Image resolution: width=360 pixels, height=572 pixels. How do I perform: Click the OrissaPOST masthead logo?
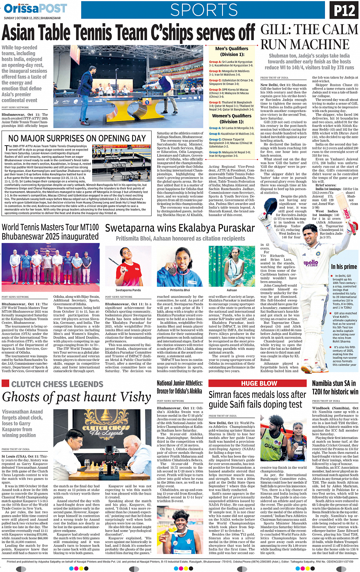tap(35, 8)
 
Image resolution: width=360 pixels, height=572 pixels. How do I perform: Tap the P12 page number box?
tap(344, 11)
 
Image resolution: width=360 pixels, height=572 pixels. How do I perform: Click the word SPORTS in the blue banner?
tap(204, 10)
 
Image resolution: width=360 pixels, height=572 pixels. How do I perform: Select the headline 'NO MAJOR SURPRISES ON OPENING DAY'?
tap(77, 138)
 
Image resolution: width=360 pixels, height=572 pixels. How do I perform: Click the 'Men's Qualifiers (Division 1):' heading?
tap(232, 51)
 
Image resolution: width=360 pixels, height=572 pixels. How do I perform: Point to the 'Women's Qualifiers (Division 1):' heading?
tap(232, 119)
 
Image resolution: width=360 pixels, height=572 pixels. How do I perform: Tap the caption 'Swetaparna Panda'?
tap(128, 290)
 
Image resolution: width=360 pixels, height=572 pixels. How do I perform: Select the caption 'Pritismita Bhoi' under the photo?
tap(180, 290)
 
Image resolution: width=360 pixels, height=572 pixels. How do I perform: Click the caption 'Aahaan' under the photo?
tap(232, 290)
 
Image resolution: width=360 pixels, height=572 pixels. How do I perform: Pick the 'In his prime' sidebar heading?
tap(344, 267)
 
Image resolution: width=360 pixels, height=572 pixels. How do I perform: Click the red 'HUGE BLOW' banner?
tap(259, 383)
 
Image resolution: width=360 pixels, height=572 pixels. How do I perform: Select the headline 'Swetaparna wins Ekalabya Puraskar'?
tap(180, 228)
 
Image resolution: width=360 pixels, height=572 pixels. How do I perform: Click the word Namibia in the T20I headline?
tap(325, 383)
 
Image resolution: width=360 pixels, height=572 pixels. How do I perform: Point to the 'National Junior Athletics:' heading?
tap(179, 383)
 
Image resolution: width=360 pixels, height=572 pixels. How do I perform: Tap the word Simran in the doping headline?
tap(222, 395)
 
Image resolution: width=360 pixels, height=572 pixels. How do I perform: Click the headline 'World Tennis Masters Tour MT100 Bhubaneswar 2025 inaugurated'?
tap(50, 232)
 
